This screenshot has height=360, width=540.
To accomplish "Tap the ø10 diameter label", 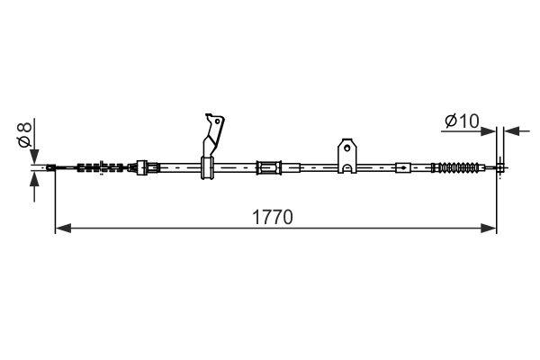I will (460, 119).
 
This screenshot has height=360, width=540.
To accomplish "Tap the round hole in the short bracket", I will (348, 147).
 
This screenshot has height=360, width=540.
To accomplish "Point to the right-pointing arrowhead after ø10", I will (491, 130).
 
